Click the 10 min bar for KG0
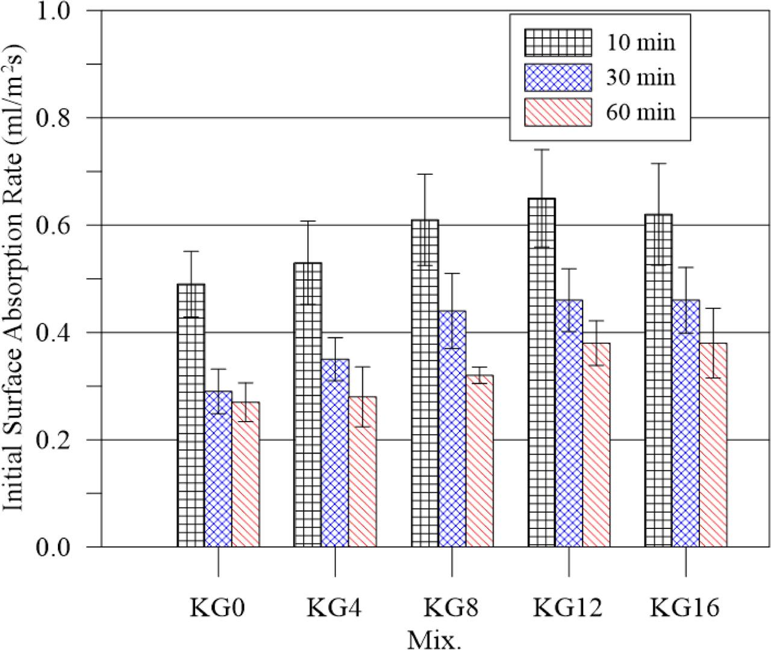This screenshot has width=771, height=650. coord(191,416)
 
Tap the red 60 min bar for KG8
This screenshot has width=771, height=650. coord(479,461)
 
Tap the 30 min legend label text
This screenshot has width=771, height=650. coord(640,78)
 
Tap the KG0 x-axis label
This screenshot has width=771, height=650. coord(218,608)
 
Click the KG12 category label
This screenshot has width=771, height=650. coord(568,608)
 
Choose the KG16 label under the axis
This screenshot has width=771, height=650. coord(685,608)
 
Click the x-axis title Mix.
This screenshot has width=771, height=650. coord(434,639)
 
